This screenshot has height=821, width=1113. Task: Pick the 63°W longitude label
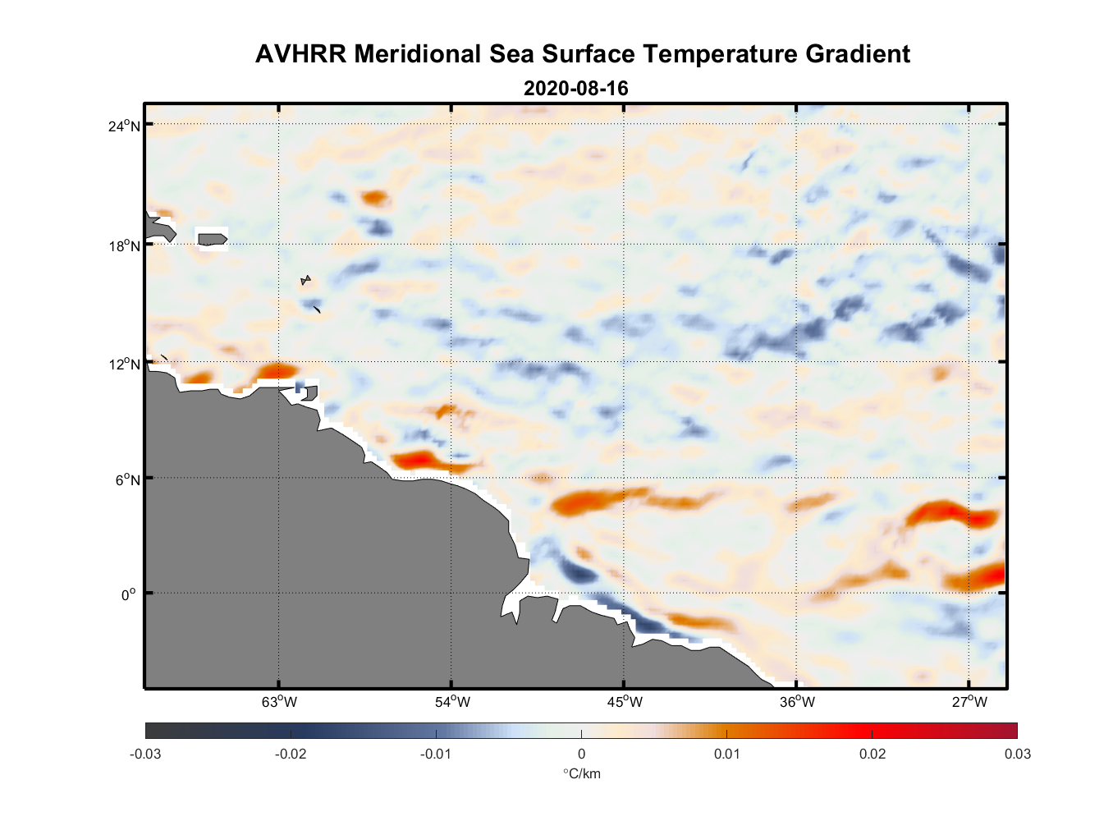(279, 702)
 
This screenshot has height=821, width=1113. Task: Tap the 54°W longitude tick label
(452, 702)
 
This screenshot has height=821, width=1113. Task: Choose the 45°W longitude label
(625, 702)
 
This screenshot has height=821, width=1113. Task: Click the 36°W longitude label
(797, 702)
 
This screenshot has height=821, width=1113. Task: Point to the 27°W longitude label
(969, 702)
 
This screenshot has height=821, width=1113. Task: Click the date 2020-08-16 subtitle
(575, 89)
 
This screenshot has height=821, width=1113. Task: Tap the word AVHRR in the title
(300, 54)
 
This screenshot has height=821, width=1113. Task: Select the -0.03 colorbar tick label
(145, 754)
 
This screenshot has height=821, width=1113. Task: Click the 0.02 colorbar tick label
(872, 754)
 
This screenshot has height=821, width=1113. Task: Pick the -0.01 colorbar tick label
(436, 754)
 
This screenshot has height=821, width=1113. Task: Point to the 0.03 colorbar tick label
(1017, 754)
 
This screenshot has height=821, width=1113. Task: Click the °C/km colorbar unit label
(581, 773)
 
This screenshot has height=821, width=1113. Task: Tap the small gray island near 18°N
(212, 239)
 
